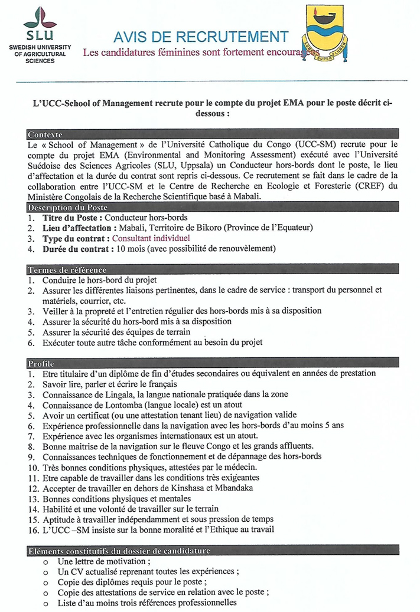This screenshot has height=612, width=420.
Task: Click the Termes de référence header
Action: point(67,269)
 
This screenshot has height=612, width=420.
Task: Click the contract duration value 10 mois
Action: point(131,249)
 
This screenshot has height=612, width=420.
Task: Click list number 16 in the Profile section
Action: point(32,529)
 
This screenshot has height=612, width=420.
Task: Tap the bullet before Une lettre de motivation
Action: point(45,562)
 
